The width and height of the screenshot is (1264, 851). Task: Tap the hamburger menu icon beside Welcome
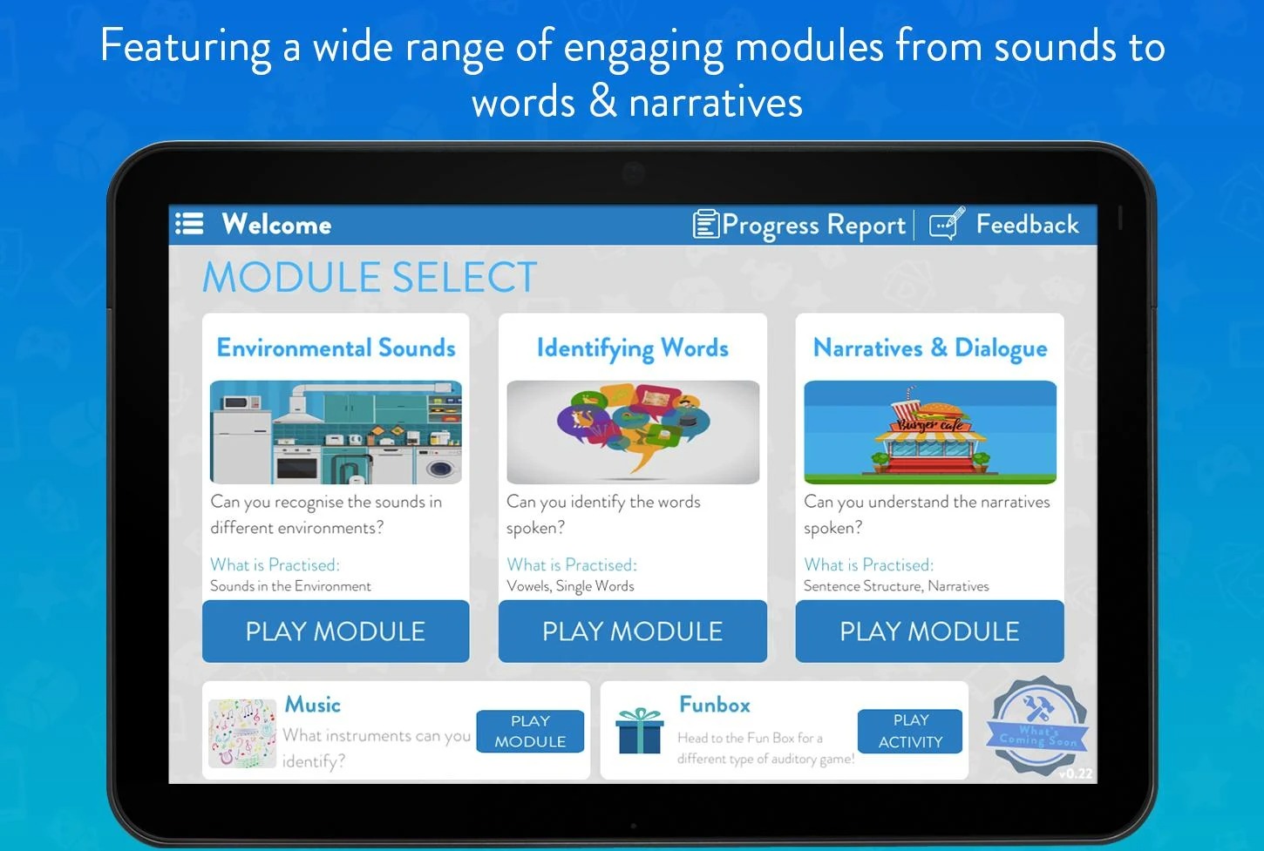pyautogui.click(x=189, y=223)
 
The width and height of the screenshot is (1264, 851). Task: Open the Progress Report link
pyautogui.click(x=799, y=225)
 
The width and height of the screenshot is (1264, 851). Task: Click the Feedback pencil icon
pyautogui.click(x=947, y=224)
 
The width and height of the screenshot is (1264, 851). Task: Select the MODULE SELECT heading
pyautogui.click(x=370, y=277)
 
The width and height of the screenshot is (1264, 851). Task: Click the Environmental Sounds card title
pyautogui.click(x=336, y=348)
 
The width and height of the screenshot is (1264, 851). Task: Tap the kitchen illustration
pyautogui.click(x=336, y=432)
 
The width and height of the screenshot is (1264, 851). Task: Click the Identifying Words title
pyautogui.click(x=633, y=348)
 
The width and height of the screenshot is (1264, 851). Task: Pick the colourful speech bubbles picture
pyautogui.click(x=633, y=432)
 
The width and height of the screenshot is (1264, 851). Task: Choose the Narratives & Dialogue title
pyautogui.click(x=930, y=348)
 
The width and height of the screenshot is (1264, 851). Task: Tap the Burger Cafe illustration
pyautogui.click(x=930, y=432)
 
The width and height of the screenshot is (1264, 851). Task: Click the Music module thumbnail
pyautogui.click(x=242, y=733)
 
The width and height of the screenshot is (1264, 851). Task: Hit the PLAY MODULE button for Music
pyautogui.click(x=530, y=731)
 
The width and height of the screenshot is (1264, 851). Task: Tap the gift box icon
pyautogui.click(x=639, y=731)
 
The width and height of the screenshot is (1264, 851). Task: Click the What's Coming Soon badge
pyautogui.click(x=1037, y=726)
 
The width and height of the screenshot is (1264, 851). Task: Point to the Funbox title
pyautogui.click(x=715, y=705)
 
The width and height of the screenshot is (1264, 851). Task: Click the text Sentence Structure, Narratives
pyautogui.click(x=896, y=586)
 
